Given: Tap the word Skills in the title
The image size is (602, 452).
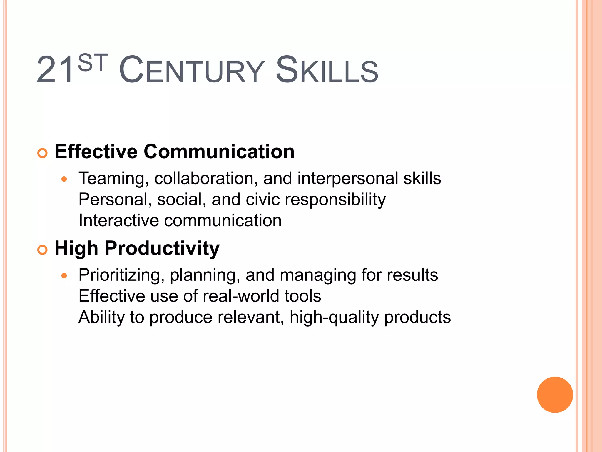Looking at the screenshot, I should click(327, 71).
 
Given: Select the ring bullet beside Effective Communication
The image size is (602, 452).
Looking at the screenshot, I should click(43, 153).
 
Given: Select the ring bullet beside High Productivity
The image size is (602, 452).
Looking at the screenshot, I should click(43, 250).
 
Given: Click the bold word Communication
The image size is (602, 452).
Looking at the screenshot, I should click(219, 152).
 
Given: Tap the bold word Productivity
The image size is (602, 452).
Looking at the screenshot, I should click(162, 249).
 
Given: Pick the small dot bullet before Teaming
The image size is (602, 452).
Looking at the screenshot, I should click(64, 179).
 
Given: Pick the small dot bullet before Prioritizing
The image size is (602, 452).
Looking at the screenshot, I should click(64, 276).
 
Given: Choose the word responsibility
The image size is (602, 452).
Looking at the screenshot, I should click(335, 200).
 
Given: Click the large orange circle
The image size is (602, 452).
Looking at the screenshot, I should click(555, 395).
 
